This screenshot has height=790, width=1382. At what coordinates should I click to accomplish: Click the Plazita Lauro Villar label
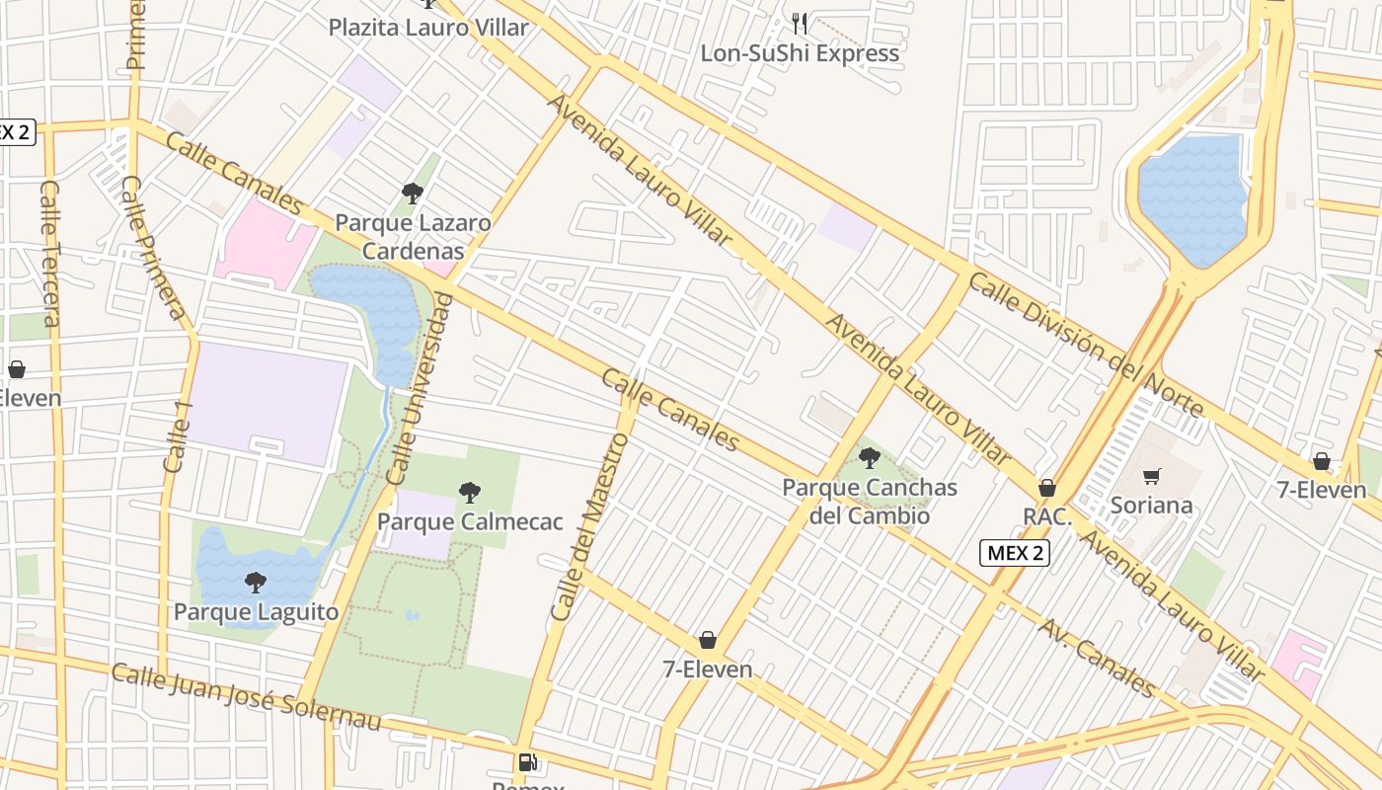tap(428, 27)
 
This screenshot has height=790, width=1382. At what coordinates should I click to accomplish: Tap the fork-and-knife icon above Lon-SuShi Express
tap(800, 23)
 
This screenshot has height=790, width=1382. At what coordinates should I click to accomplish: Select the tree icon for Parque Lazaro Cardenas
tap(413, 193)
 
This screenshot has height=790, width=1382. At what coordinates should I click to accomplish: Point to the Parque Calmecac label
tap(470, 520)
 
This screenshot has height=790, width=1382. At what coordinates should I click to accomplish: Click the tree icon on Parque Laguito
tap(256, 582)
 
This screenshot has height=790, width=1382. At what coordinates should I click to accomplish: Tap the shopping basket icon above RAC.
tap(1047, 488)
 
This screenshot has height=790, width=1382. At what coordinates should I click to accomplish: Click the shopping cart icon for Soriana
tap(1151, 477)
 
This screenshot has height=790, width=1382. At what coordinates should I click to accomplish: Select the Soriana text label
tap(1151, 506)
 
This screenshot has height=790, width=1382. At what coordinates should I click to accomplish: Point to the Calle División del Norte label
tap(1085, 345)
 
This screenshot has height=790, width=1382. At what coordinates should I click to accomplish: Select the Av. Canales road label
tap(1096, 657)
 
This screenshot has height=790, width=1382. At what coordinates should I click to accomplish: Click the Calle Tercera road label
tap(51, 253)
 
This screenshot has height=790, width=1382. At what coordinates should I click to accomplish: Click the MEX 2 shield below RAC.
tap(1014, 553)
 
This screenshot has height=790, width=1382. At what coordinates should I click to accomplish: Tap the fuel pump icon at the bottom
tap(528, 762)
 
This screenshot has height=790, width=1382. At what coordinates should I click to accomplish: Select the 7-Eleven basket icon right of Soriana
tap(1321, 461)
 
